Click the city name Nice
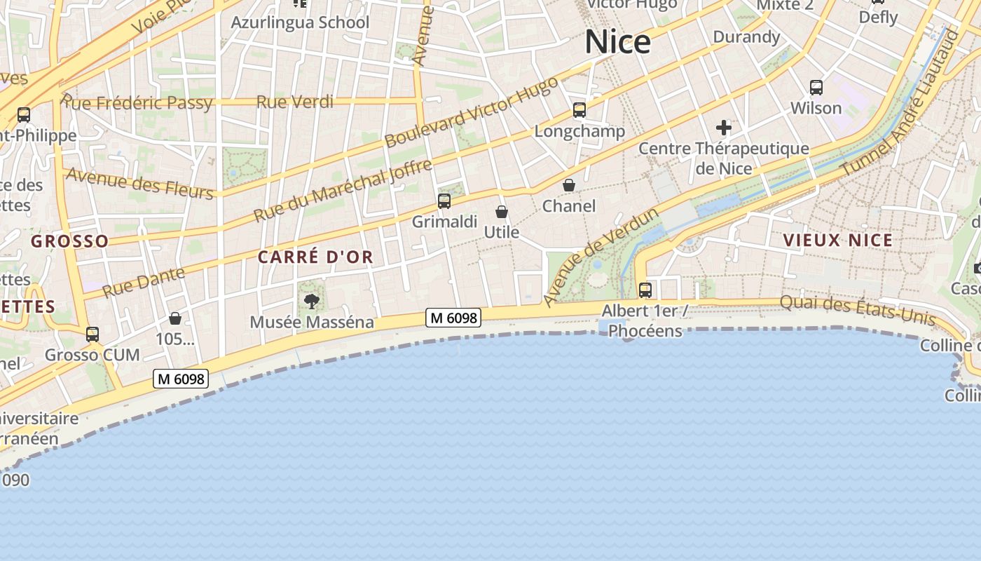click(x=617, y=42)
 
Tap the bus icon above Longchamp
click(x=579, y=110)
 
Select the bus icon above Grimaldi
click(x=444, y=202)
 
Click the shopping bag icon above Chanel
click(x=569, y=185)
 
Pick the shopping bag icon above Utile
click(x=502, y=212)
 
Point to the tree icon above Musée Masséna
click(x=311, y=302)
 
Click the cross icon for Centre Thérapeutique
click(x=724, y=128)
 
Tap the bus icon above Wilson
click(x=816, y=88)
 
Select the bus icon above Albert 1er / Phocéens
click(x=645, y=290)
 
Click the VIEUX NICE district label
click(x=838, y=241)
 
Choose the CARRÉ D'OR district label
click(x=315, y=257)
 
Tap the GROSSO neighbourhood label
click(x=69, y=242)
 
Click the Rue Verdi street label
click(x=294, y=102)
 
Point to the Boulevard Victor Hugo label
click(x=471, y=112)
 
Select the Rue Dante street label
click(x=144, y=281)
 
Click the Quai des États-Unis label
click(x=858, y=311)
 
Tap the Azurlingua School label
click(x=300, y=22)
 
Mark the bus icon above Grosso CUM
click(x=92, y=334)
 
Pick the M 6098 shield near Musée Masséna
click(x=453, y=318)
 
